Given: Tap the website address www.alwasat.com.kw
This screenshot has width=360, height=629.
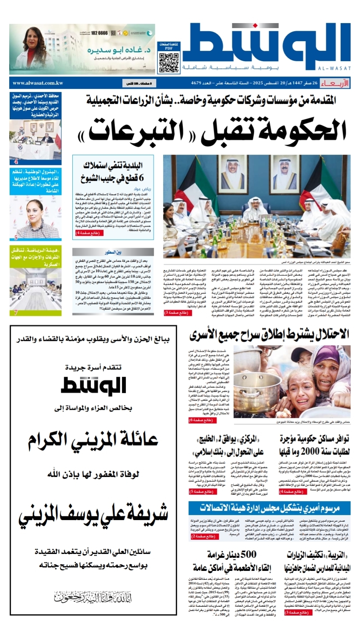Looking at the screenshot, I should click(x=38, y=83).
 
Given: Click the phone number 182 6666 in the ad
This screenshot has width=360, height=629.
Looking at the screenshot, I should click(x=99, y=33).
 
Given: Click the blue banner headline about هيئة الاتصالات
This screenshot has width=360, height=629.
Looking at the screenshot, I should click(x=269, y=508).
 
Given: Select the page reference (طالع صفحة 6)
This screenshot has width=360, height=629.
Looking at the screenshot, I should click(x=201, y=420).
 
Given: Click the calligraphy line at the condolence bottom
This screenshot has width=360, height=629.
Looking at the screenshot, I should click(x=93, y=597).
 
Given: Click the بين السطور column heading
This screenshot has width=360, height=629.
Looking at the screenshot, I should click(x=113, y=252).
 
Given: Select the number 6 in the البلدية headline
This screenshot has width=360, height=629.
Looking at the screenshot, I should click(x=141, y=178).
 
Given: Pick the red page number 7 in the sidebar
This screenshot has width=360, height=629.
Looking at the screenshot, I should click(x=16, y=312).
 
